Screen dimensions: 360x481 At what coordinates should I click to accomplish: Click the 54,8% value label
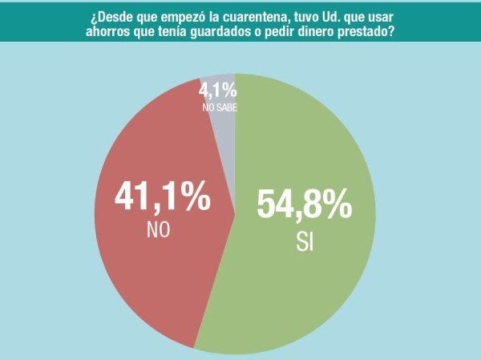(x=304, y=204)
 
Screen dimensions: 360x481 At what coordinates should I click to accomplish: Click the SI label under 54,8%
(x=304, y=241)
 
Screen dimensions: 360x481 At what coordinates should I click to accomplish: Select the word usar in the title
(x=384, y=16)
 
